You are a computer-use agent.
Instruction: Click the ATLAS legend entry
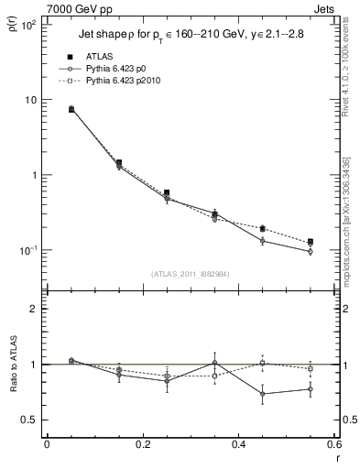(98, 56)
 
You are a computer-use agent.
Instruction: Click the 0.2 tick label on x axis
(142, 446)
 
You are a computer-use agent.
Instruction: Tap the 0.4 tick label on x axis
(238, 446)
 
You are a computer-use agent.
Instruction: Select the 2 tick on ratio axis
(33, 309)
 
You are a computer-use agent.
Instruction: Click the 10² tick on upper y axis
(27, 25)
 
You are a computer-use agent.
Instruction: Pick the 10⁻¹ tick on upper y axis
(27, 250)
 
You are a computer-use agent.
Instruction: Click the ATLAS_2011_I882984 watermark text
(191, 273)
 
